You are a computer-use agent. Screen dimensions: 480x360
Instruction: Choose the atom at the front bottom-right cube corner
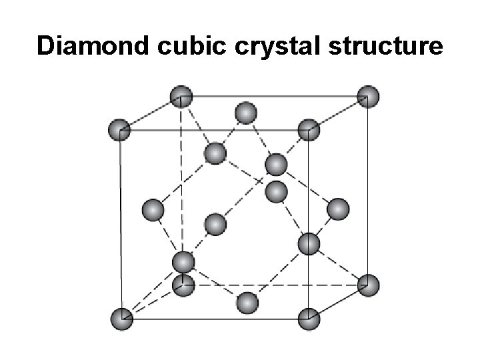(x=309, y=318)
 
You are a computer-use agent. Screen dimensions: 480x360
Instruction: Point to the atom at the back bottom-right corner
(x=368, y=285)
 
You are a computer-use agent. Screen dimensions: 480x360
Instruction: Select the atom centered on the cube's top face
(x=246, y=112)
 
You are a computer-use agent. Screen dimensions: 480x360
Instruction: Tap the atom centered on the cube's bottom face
(x=247, y=303)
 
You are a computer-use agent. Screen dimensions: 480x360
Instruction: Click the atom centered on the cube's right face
(x=339, y=209)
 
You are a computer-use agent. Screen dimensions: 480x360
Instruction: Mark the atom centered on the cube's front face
(x=215, y=223)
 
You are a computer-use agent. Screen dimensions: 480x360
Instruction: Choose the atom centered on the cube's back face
(x=275, y=192)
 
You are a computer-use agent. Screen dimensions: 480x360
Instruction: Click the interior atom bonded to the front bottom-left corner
(x=183, y=261)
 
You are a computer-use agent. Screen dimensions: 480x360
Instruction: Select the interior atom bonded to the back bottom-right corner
(x=309, y=244)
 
